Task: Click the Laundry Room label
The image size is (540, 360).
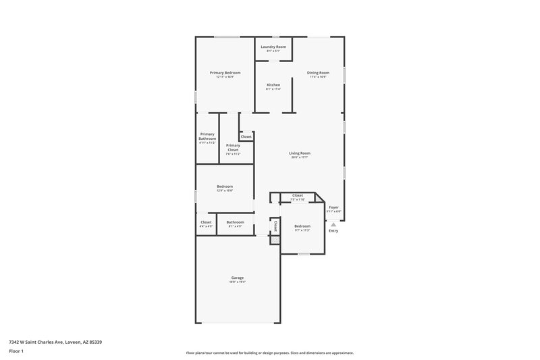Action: [x=273, y=47]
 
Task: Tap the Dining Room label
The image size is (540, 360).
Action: [x=317, y=72]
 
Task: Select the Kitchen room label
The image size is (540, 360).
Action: [x=273, y=84]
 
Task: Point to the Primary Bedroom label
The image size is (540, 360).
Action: [x=225, y=72]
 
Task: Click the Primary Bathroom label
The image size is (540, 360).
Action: [x=207, y=136]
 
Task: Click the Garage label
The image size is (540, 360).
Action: [x=237, y=278]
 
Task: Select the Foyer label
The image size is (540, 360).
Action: [x=333, y=207]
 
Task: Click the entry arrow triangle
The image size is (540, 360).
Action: [x=333, y=224]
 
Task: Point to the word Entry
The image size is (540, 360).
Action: [x=333, y=231]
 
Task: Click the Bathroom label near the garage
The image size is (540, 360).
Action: [x=235, y=222]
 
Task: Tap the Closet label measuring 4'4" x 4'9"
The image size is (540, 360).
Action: [x=206, y=222]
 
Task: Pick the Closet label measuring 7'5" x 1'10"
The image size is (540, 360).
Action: [x=297, y=195]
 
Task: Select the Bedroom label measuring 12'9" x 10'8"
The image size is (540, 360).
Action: [x=225, y=186]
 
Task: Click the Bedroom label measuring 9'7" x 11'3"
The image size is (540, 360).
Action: [x=302, y=226]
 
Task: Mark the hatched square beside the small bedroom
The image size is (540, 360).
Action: [x=275, y=240]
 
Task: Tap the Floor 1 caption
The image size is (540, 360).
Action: [x=17, y=352]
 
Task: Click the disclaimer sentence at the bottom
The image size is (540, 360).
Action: [x=269, y=353]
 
